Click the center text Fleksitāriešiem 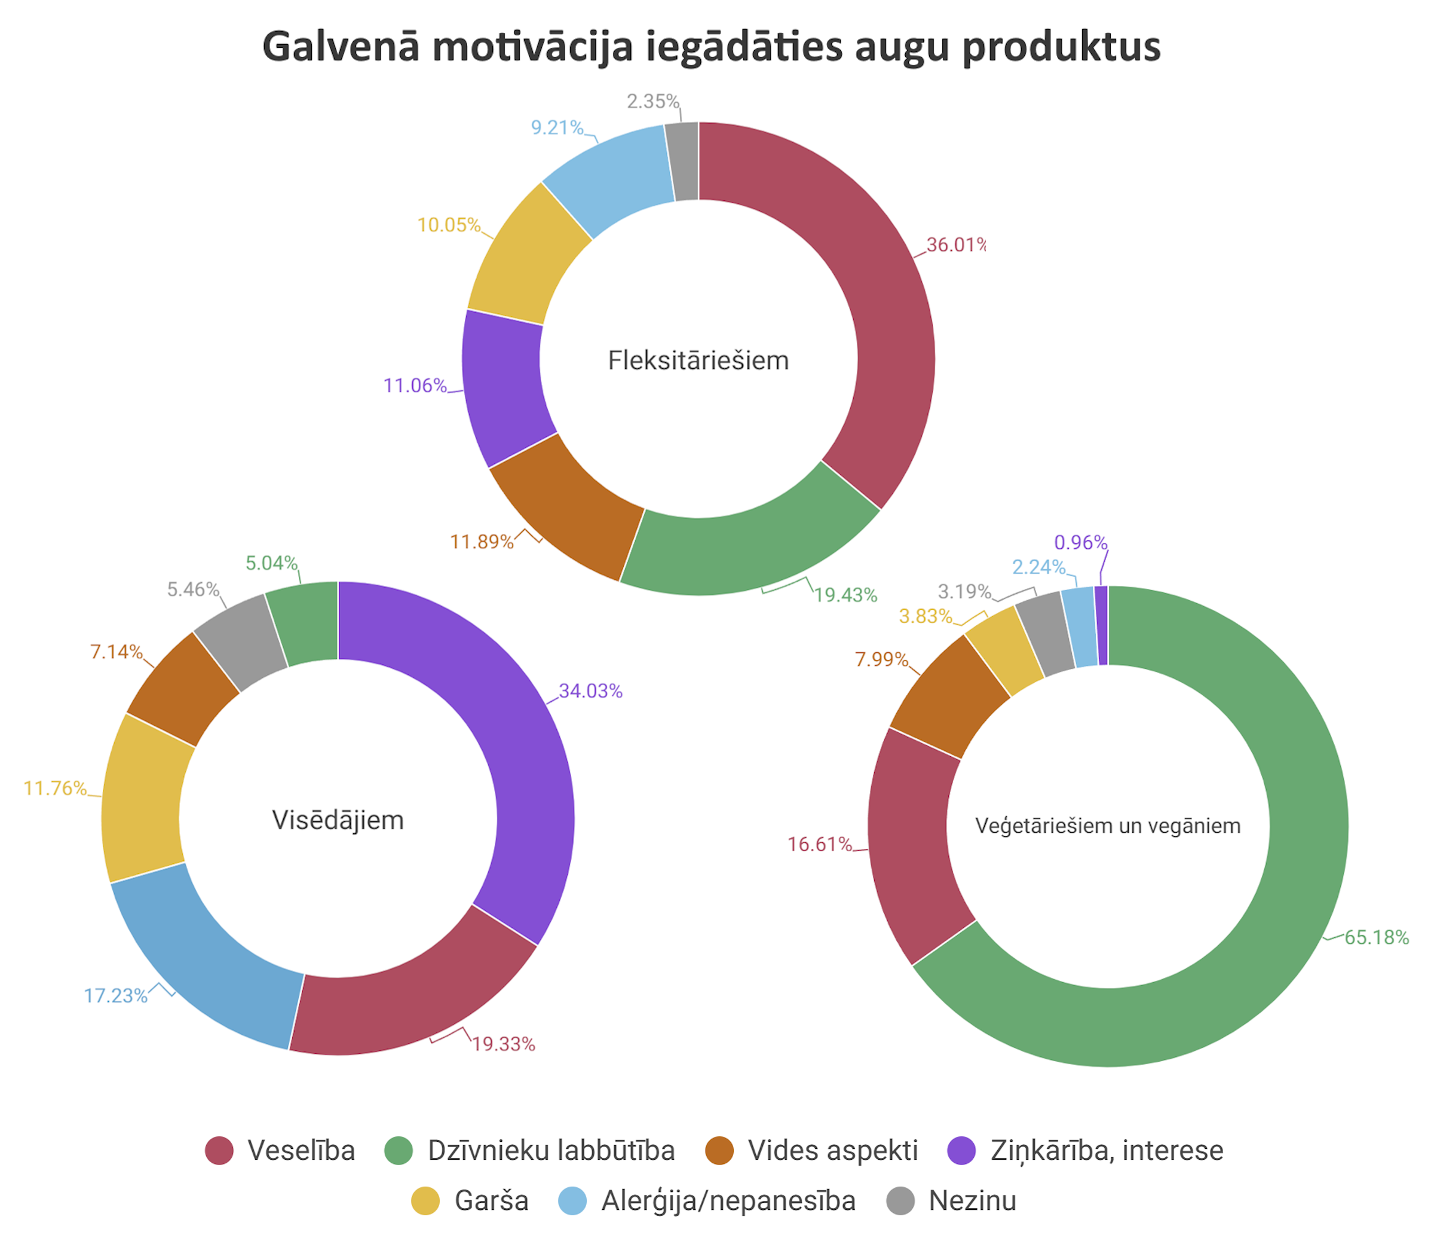pyautogui.click(x=698, y=361)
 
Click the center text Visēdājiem pyautogui.click(x=338, y=821)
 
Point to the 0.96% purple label pyautogui.click(x=1080, y=543)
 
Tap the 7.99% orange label pyautogui.click(x=881, y=659)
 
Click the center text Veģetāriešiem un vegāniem pyautogui.click(x=1107, y=826)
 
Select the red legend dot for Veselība pyautogui.click(x=219, y=1150)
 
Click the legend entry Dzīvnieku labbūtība pyautogui.click(x=550, y=1150)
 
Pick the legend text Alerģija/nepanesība pyautogui.click(x=728, y=1201)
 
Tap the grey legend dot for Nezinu pyautogui.click(x=900, y=1201)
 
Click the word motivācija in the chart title pyautogui.click(x=532, y=47)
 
